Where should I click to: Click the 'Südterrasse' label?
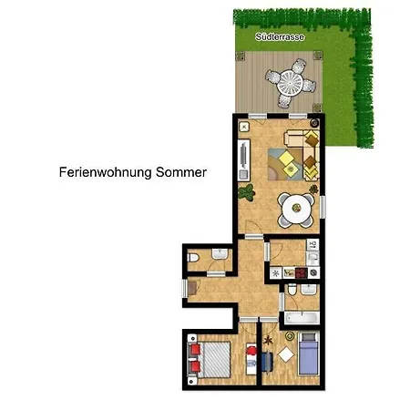tap(280, 37)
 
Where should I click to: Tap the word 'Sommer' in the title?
tap(181, 172)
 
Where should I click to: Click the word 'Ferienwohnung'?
tap(106, 173)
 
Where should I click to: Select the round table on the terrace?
tap(290, 83)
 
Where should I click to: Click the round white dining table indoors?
tap(296, 209)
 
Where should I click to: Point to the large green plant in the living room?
tap(246, 192)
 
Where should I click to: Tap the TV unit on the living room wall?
tap(243, 160)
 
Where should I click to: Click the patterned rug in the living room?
tap(285, 164)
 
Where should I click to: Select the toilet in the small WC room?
tap(193, 258)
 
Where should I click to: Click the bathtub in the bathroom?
tap(302, 318)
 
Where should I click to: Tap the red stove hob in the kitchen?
tap(301, 273)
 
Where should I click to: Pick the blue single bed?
tap(308, 354)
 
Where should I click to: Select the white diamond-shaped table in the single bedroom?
tap(286, 354)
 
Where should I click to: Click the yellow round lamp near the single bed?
tap(290, 336)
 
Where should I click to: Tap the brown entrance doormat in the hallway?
tap(192, 288)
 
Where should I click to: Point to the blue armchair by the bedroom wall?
tap(267, 362)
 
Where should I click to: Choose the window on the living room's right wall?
tap(323, 207)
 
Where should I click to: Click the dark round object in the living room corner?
tap(314, 123)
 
